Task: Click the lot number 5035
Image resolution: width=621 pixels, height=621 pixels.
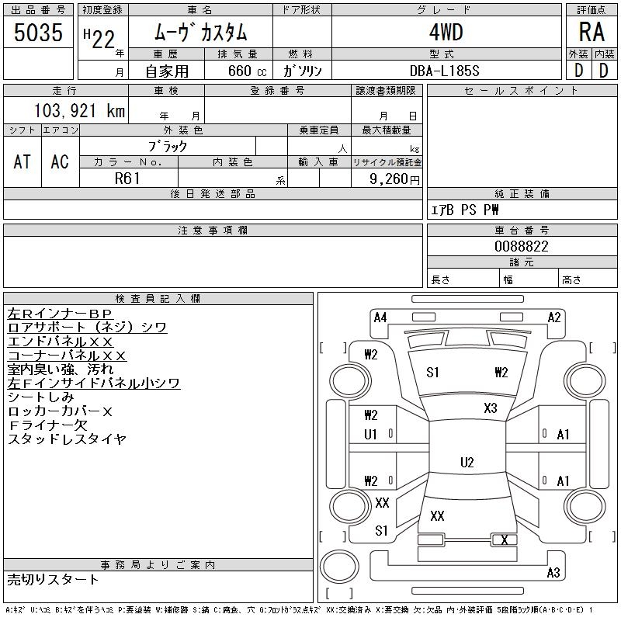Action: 38,33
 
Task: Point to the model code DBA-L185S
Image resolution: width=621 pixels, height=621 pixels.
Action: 446,71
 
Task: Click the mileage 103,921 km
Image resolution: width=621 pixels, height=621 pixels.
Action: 80,111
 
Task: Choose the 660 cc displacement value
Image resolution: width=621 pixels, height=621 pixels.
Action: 238,71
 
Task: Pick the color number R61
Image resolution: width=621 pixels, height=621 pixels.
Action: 128,177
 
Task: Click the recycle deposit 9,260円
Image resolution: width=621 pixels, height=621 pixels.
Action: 396,178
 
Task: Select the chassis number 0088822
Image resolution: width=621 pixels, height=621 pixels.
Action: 521,246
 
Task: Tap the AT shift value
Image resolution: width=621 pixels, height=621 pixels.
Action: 23,161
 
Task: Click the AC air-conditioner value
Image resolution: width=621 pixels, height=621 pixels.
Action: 60,161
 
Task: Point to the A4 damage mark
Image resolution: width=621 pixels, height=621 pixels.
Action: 380,317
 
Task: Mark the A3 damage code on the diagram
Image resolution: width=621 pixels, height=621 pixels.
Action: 553,573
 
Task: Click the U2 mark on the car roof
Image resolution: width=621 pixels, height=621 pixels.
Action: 467,463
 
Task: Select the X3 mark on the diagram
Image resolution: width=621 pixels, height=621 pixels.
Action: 490,408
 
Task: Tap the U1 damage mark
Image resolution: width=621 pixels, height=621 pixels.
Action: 370,435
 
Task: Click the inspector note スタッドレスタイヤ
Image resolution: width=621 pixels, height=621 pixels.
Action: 67,439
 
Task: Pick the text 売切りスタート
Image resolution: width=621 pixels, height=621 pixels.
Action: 54,580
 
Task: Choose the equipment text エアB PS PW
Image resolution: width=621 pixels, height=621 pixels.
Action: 465,210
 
